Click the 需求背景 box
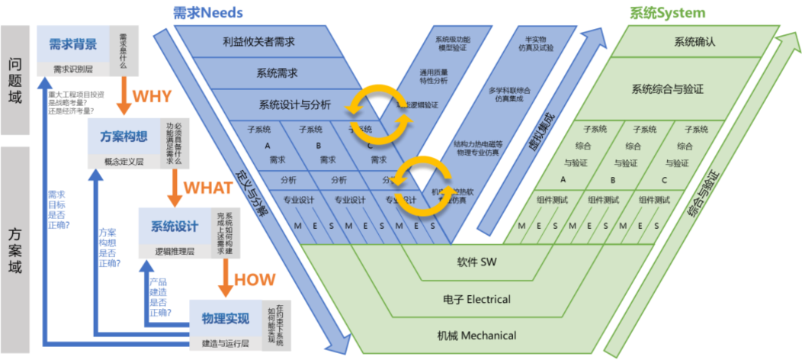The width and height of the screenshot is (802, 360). point(73,44)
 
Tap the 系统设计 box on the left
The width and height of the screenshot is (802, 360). point(175,227)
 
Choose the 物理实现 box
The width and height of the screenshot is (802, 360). point(225,317)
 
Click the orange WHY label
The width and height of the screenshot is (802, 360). point(152,97)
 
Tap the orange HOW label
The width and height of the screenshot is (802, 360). point(255,279)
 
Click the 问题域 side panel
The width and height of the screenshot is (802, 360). point(14,80)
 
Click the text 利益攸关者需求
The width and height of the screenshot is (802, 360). point(258,42)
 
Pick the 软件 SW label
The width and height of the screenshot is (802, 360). point(476,262)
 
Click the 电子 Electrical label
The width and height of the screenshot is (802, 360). point(476,299)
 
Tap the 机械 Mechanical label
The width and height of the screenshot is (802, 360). point(476,335)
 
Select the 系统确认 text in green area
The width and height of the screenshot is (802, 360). point(695,42)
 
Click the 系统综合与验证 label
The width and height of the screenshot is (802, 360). point(667,89)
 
